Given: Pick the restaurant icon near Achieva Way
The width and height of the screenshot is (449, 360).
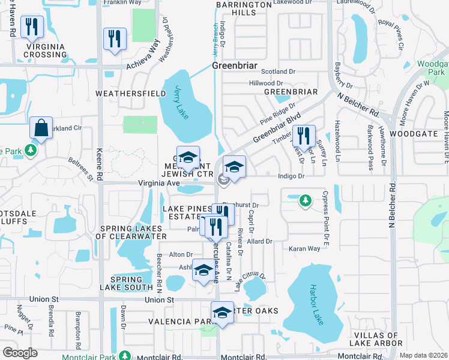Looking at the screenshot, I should pos(113,40).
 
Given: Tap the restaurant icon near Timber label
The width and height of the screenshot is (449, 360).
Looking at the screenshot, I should pos(306,136).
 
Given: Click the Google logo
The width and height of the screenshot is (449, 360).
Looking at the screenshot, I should pos(20,353).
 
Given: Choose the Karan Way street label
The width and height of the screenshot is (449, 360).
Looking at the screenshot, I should pos(305,248).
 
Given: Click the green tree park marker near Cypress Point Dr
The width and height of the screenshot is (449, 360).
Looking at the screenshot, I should pos(306,199).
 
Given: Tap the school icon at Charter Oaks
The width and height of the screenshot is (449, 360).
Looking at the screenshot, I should pos(222,314).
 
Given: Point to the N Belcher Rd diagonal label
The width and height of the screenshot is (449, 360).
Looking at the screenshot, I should pos(358,104).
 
